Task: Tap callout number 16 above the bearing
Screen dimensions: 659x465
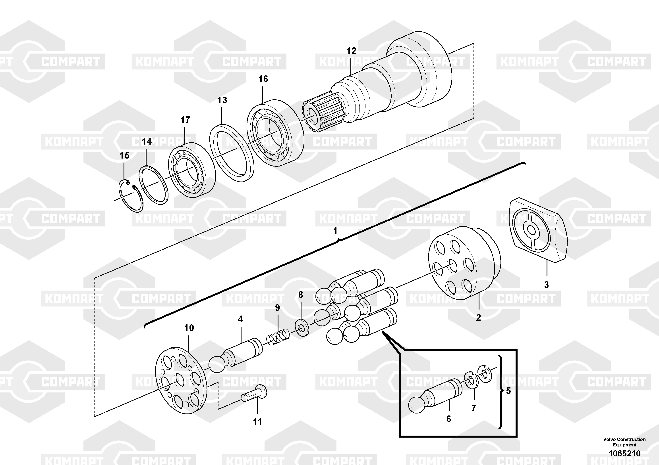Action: point(263,79)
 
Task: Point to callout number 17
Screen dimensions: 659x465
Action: point(185,120)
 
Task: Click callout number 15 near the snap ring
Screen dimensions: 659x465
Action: point(125,155)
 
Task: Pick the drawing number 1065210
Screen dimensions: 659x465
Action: point(624,454)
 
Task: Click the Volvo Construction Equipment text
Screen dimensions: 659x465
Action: point(624,442)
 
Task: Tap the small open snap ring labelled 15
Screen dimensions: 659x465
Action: point(131,196)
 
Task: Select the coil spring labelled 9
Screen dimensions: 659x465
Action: point(278,337)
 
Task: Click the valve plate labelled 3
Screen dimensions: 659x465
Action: point(538,230)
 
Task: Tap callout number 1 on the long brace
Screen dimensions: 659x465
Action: point(335,231)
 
